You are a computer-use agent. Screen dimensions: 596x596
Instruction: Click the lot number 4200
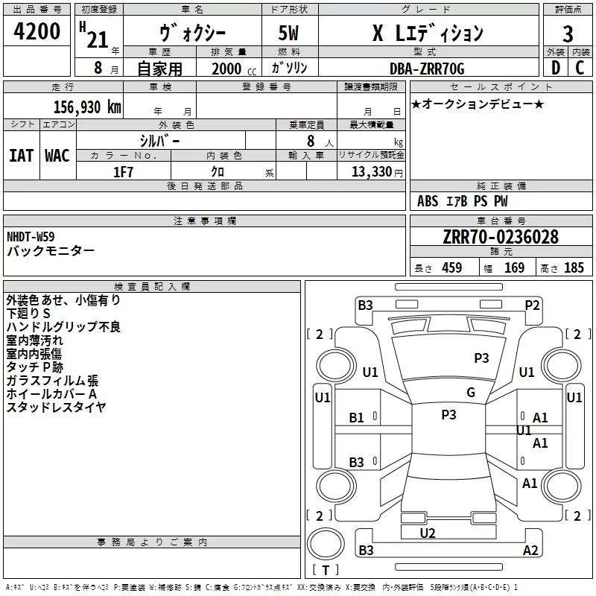(38, 32)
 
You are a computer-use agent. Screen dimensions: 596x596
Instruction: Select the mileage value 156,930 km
(87, 107)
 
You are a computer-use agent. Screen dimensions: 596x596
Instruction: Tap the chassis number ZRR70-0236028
(500, 237)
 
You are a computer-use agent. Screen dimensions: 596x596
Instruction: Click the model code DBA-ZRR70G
(427, 69)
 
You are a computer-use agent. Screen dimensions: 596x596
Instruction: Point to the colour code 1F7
(123, 171)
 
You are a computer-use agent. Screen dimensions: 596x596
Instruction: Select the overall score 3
(568, 34)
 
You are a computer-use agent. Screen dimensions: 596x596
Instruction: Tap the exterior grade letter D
(555, 68)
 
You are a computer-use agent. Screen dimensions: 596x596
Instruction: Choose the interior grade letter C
(579, 68)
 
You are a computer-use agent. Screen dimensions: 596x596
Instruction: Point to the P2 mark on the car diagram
(532, 304)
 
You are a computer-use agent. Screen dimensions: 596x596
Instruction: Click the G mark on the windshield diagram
(471, 393)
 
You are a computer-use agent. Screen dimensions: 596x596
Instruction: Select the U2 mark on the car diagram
(428, 533)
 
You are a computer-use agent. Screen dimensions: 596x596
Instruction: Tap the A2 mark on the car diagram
(530, 551)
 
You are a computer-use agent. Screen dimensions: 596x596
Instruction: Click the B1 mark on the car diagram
(357, 418)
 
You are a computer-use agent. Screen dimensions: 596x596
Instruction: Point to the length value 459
(451, 268)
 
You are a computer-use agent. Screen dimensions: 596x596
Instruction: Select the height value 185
(574, 268)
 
